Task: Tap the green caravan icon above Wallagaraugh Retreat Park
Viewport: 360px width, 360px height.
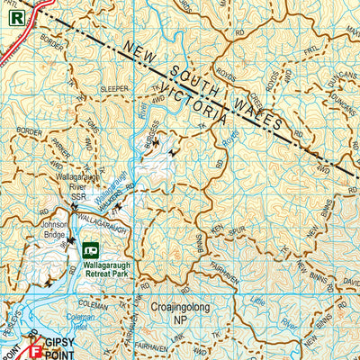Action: click(x=91, y=249)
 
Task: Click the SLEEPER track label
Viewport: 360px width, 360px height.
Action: click(x=114, y=89)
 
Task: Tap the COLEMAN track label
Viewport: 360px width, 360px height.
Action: click(x=93, y=305)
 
